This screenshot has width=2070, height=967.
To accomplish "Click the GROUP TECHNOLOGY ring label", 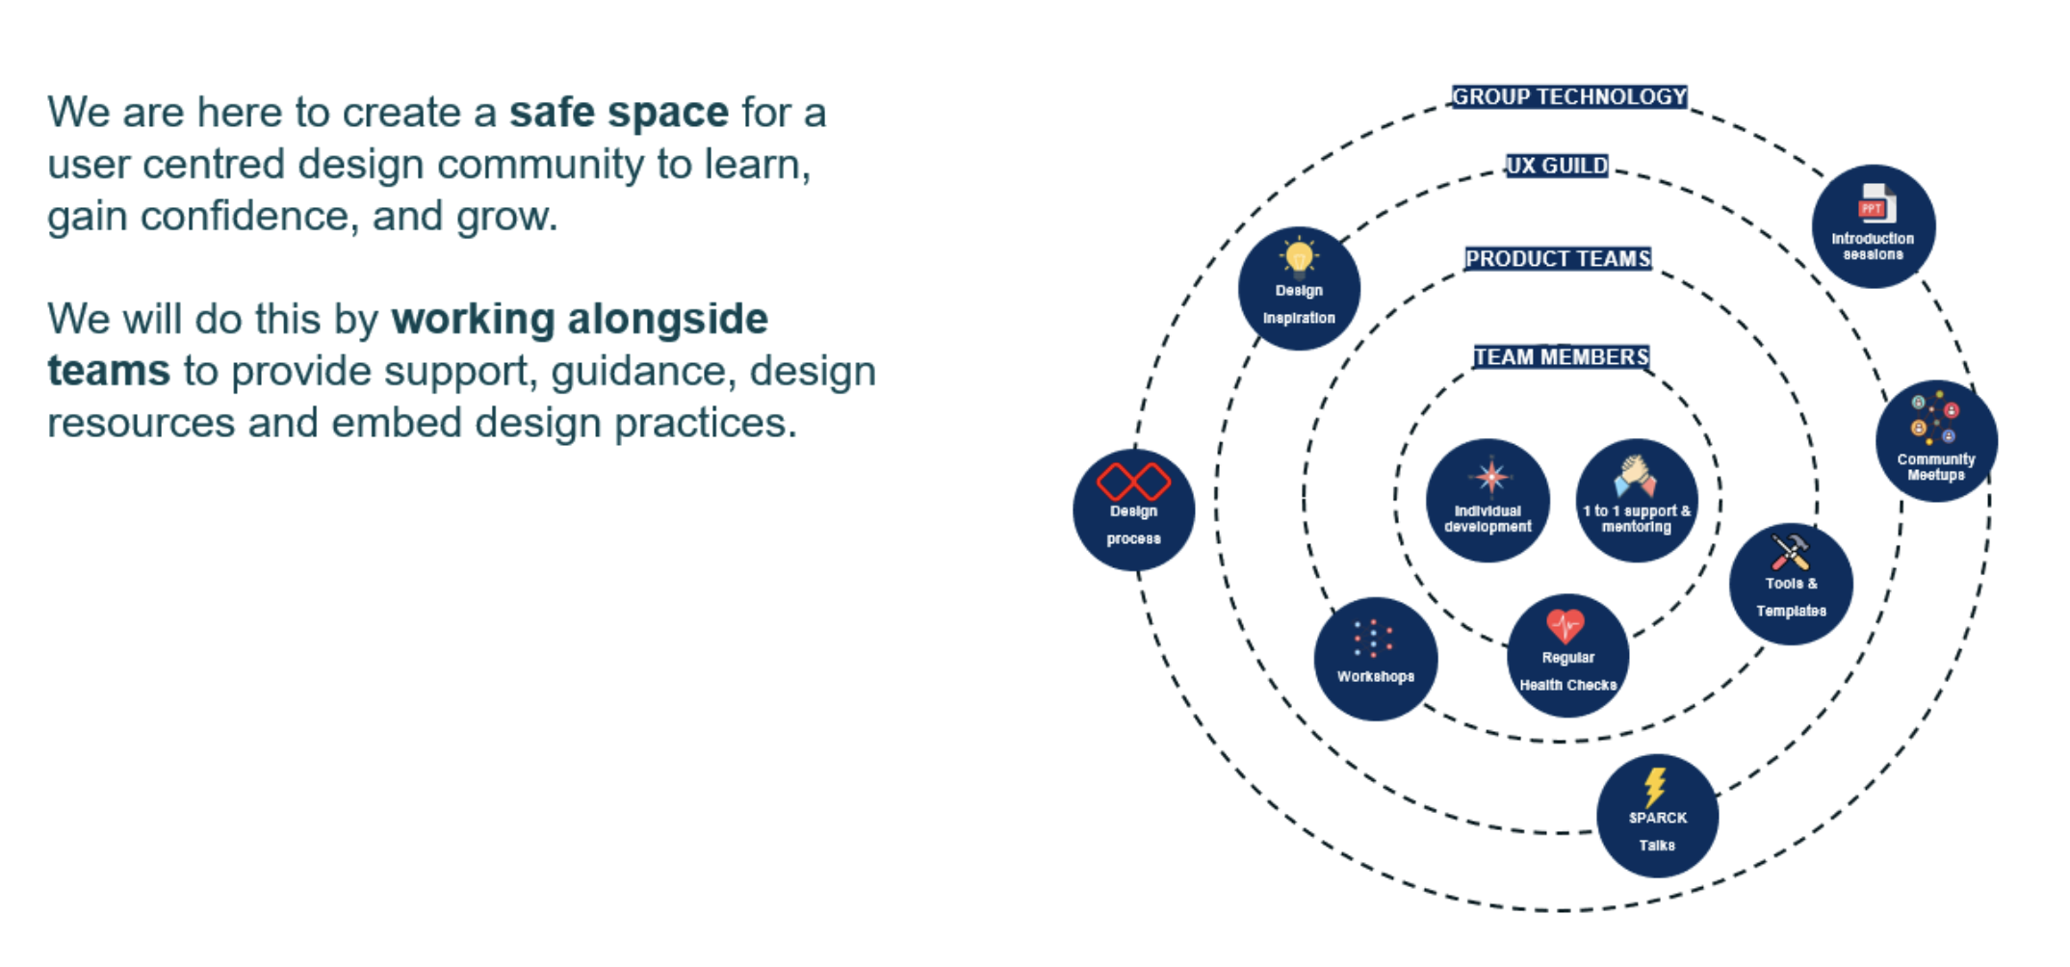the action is point(1569,97).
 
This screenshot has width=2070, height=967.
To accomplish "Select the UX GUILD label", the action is point(1557,166).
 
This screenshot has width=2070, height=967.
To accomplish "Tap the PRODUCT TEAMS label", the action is point(1558,259).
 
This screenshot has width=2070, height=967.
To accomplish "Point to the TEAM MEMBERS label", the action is point(1562,357).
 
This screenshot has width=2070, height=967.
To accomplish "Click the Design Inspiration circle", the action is point(1299,289).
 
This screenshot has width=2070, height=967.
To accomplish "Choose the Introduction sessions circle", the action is point(1873,226).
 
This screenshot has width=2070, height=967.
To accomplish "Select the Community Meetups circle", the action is point(1936,441).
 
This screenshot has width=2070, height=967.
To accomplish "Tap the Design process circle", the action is point(1133,510).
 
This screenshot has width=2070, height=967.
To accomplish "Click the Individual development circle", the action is point(1488,501).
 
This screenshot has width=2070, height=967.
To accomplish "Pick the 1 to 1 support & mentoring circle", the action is point(1637,501).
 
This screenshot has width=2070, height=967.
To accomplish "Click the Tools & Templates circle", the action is point(1791,584).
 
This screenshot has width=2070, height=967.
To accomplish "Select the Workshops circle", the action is point(1376,660).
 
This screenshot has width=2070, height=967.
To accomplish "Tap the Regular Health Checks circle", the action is point(1567,656).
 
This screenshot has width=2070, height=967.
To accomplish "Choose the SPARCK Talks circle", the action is point(1657,816).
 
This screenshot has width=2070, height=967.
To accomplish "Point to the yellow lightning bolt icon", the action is point(1656,787).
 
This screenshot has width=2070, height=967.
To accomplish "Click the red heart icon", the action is point(1565,626).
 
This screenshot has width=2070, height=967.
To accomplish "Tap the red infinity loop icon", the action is point(1133,482).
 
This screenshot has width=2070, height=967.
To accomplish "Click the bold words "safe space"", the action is point(619,113).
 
